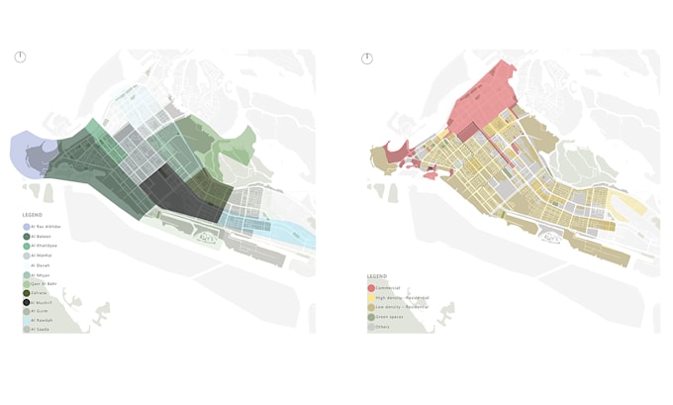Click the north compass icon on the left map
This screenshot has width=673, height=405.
(x=20, y=57)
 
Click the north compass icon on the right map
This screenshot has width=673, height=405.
(x=367, y=58)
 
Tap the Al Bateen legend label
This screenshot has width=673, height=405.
(x=41, y=236)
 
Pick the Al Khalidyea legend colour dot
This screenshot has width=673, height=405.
(x=27, y=246)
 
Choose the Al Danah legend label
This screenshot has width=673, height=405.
(x=41, y=265)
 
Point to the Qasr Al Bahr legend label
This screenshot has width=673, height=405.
(x=44, y=283)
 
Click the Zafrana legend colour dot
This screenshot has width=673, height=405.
(x=27, y=293)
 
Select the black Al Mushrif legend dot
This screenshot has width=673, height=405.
(x=27, y=302)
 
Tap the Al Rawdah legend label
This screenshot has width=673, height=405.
(x=42, y=321)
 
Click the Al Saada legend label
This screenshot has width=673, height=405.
(x=41, y=330)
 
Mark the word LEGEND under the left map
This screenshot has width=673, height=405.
(x=33, y=214)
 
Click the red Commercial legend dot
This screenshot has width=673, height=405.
(x=371, y=288)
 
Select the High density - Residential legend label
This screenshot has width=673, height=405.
(x=402, y=297)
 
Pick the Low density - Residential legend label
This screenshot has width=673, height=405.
(x=401, y=307)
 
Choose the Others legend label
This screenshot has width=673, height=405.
(x=384, y=327)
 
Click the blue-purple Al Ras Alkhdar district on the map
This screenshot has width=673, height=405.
(x=28, y=153)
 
